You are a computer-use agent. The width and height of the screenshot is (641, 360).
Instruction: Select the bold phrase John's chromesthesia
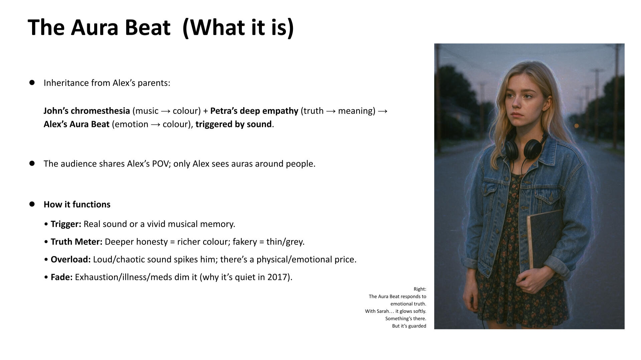(x=87, y=111)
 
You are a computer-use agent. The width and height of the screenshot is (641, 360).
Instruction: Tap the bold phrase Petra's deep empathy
(x=254, y=111)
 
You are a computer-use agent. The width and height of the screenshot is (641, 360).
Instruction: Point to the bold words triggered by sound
(x=233, y=124)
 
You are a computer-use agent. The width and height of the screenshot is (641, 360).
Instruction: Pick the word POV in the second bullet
(x=160, y=164)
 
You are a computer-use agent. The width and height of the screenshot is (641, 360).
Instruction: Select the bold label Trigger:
(x=66, y=224)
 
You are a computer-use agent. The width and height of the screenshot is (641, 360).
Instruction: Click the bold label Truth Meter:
(x=76, y=242)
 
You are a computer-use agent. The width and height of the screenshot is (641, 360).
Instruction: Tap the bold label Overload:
(x=70, y=259)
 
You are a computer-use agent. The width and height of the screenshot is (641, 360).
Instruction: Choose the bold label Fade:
(x=61, y=277)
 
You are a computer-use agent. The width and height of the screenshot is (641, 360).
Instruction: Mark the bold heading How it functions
(x=77, y=204)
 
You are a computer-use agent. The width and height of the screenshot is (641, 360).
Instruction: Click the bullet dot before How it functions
(x=32, y=204)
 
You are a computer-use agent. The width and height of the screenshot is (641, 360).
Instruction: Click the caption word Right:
(x=420, y=289)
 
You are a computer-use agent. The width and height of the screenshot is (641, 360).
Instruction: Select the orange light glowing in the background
(x=576, y=126)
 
